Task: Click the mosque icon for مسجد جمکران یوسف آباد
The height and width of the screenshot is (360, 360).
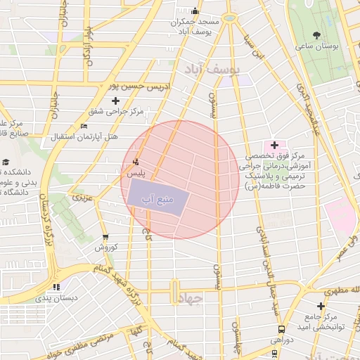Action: click(195, 11)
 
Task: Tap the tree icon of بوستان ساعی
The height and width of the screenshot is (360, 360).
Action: click(317, 34)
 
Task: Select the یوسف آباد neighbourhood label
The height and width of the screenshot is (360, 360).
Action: click(213, 69)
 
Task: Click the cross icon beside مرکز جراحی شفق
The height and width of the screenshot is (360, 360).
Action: click(116, 101)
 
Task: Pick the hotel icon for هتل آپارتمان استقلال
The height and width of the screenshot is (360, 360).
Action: click(85, 126)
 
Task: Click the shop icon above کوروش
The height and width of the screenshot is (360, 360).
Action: click(105, 237)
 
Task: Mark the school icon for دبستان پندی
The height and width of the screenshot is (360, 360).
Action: click(56, 286)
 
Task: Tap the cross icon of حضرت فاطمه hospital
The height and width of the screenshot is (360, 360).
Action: click(274, 145)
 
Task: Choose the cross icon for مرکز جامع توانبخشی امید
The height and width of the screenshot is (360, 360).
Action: click(321, 306)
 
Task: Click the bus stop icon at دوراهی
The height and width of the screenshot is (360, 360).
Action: click(281, 328)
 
